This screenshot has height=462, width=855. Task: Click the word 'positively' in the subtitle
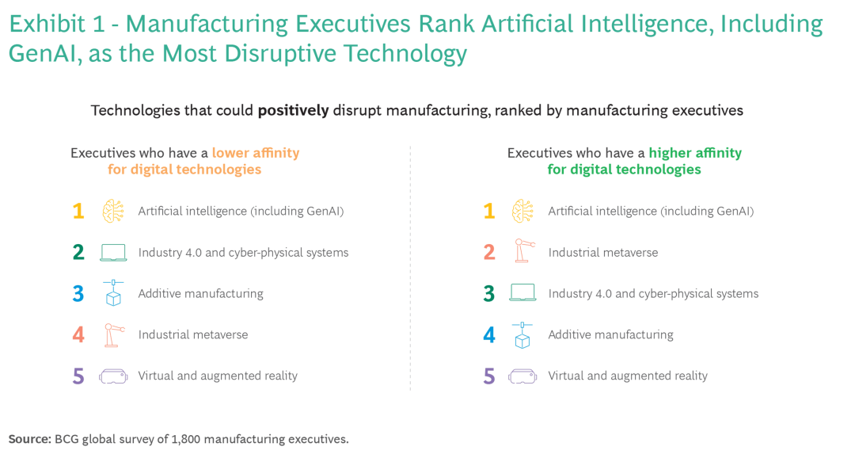click(293, 111)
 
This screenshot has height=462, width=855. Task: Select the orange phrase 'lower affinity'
click(256, 153)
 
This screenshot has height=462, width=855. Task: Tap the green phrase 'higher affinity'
click(695, 153)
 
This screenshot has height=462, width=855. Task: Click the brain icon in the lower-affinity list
click(113, 211)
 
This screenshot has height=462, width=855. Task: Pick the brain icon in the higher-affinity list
click(522, 211)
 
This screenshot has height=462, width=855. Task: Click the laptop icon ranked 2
click(113, 253)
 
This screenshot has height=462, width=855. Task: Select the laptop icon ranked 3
click(522, 294)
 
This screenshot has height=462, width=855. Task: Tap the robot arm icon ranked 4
click(113, 334)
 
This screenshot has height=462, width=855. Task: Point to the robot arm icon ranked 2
click(522, 252)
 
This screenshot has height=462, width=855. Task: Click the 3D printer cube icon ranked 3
click(113, 293)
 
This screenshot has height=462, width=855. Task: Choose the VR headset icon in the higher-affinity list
click(522, 376)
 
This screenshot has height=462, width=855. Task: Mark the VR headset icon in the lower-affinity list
click(113, 376)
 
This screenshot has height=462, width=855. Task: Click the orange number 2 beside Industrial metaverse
click(489, 253)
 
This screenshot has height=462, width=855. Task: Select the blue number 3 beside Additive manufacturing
click(78, 294)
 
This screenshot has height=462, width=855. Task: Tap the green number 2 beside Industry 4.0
click(78, 253)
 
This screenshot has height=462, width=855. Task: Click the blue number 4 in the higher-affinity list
click(489, 335)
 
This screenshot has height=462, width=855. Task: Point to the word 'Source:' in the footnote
click(29, 439)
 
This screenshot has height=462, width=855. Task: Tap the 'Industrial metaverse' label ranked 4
click(193, 335)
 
